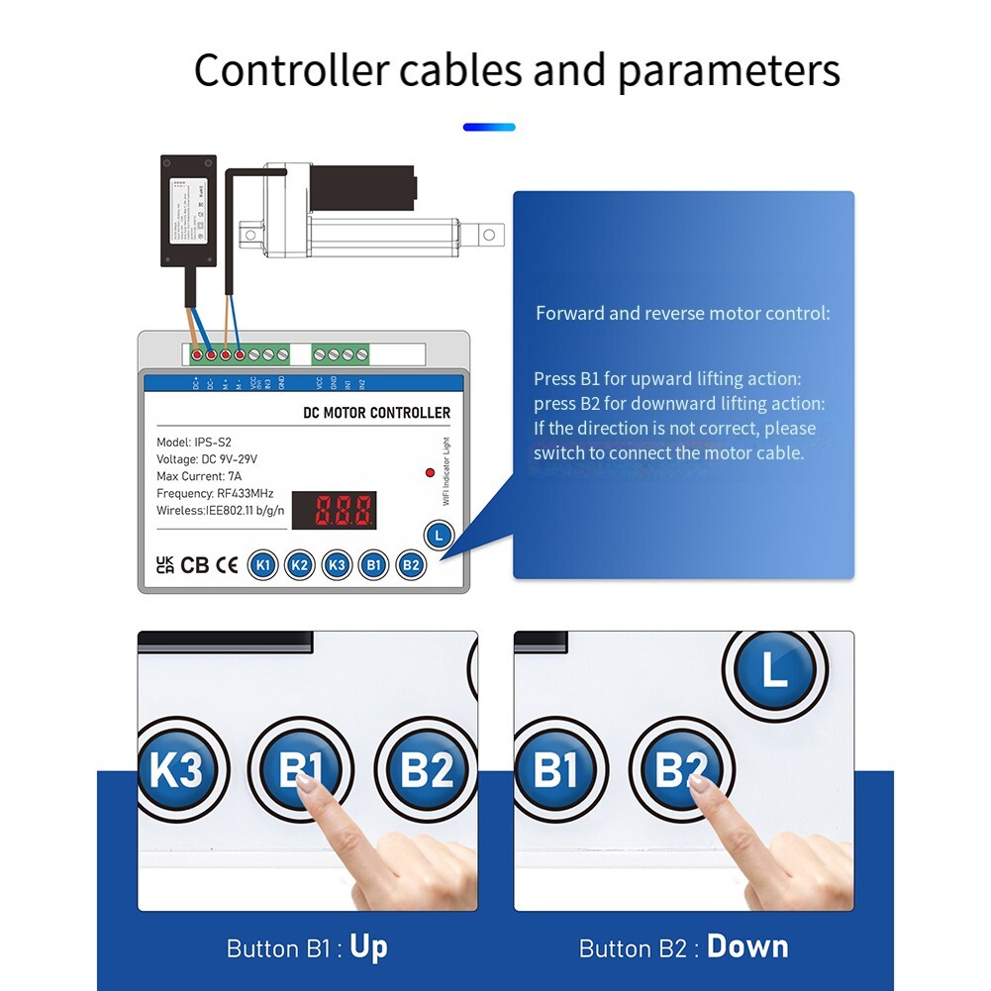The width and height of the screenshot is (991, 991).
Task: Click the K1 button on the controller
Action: coord(262,565)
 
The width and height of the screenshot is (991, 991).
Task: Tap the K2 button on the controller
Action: coord(299,565)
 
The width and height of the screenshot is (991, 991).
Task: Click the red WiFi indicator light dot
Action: coord(430,473)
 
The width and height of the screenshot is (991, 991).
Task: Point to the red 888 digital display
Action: coord(346,511)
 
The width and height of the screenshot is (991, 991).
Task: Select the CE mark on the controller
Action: coord(227,565)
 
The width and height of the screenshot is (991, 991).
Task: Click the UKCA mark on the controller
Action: coord(165,564)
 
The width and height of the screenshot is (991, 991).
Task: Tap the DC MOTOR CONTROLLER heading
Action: coord(374,413)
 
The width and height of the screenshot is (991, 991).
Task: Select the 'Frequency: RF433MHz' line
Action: coord(215,493)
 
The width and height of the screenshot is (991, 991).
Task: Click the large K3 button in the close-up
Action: coord(177,770)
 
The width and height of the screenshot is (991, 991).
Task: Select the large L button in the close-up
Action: coord(774,671)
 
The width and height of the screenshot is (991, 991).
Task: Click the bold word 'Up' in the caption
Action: coord(368,947)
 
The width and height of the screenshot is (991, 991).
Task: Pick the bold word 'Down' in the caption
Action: coord(747,947)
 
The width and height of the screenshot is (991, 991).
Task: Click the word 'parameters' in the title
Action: coord(729,71)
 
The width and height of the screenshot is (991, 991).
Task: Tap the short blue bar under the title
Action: coord(489,127)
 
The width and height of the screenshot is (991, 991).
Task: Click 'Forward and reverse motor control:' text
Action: coord(683,314)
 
